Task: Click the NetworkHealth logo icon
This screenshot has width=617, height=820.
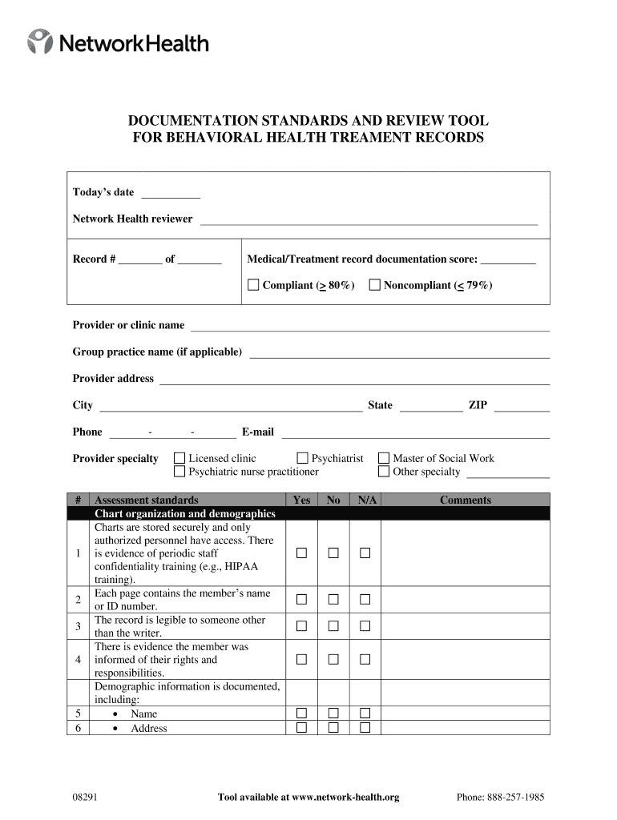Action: (41, 42)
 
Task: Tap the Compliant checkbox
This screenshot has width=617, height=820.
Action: (253, 285)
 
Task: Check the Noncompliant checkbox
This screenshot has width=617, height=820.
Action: (374, 285)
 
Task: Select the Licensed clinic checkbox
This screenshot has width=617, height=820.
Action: (179, 458)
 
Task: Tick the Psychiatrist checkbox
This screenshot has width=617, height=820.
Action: (302, 458)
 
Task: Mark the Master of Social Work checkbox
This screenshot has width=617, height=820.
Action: (384, 458)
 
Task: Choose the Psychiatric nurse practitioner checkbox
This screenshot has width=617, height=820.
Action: (179, 472)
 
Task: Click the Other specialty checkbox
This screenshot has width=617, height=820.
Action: (384, 472)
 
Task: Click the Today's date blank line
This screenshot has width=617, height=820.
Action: (170, 194)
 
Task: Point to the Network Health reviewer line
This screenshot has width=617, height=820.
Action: (369, 220)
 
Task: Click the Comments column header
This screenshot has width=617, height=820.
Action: (465, 500)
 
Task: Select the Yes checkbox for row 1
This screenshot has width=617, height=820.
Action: (301, 553)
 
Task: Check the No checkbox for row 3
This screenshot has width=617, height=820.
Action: (333, 626)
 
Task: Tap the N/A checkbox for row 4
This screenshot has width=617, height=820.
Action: (365, 660)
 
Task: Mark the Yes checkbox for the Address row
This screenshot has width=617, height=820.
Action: (301, 728)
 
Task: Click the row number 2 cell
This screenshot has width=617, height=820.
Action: (78, 600)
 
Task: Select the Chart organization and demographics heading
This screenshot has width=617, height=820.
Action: (185, 514)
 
